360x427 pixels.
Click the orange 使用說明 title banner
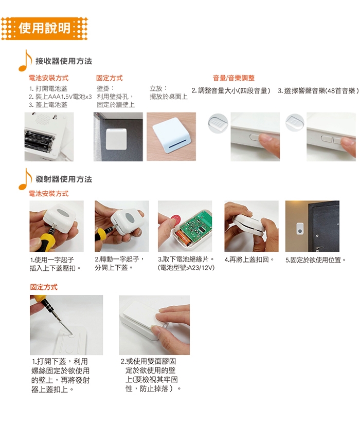[x=44, y=29]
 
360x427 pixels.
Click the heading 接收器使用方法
[x=64, y=61]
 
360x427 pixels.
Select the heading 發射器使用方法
[x=64, y=179]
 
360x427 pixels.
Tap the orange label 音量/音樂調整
[x=233, y=78]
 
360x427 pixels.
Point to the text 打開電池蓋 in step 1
[x=51, y=88]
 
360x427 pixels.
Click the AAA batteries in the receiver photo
[x=38, y=141]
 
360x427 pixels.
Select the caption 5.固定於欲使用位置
[x=316, y=260]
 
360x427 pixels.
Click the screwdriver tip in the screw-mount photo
[x=71, y=333]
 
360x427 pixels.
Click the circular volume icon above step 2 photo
[x=218, y=123]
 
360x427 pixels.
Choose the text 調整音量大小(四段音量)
[x=234, y=90]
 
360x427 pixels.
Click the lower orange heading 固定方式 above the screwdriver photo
[x=44, y=287]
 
